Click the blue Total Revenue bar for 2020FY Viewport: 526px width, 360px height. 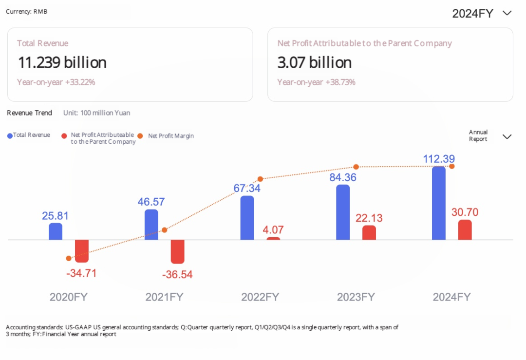coord(56,231)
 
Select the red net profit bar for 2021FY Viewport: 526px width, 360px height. coord(178,252)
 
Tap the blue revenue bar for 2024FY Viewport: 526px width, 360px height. coord(439,203)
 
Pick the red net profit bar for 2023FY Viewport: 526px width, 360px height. coord(369,233)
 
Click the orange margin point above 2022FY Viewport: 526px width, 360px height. coord(261,179)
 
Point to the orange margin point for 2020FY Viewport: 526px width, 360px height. coord(69,258)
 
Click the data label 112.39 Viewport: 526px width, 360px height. coord(438,159)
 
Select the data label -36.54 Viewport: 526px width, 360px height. coord(177,275)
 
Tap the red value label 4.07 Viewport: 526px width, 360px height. coord(273,230)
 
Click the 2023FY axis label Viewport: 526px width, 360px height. coord(356,297)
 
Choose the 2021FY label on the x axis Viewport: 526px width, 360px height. coord(164,297)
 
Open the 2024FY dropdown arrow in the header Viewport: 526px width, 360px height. coord(507,13)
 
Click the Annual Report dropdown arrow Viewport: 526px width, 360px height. coord(507,136)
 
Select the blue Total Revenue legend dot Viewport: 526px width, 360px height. coord(10,135)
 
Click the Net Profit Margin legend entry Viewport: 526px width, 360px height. coord(170,136)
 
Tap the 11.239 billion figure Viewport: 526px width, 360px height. coord(62,62)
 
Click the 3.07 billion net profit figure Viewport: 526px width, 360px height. coord(315,62)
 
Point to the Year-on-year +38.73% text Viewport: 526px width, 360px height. coord(316,82)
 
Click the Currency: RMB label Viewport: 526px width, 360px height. coord(27,11)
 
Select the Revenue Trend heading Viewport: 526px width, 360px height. coord(29,113)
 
